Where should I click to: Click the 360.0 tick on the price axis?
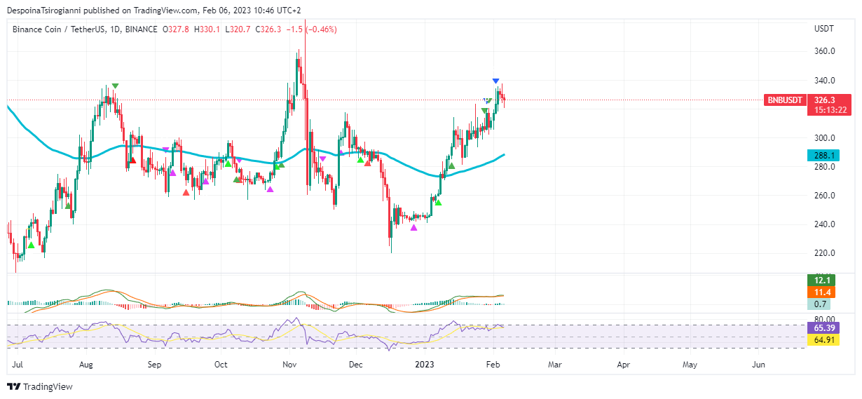(x=824, y=51)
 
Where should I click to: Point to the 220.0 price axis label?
(x=824, y=253)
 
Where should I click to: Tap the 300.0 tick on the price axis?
(x=824, y=138)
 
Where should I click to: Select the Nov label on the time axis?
(x=289, y=365)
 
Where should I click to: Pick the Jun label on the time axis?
(x=758, y=365)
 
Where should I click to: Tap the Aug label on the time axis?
(x=86, y=365)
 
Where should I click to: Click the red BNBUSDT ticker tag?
(x=785, y=100)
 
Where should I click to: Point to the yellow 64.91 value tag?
(x=821, y=340)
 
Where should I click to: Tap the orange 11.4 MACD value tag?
(x=821, y=292)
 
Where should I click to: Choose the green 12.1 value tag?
(x=821, y=280)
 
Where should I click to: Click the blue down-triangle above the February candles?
(x=495, y=81)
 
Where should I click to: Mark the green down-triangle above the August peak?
(x=115, y=86)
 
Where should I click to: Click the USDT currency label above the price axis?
(x=823, y=29)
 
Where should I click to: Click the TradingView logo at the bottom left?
(x=40, y=386)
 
